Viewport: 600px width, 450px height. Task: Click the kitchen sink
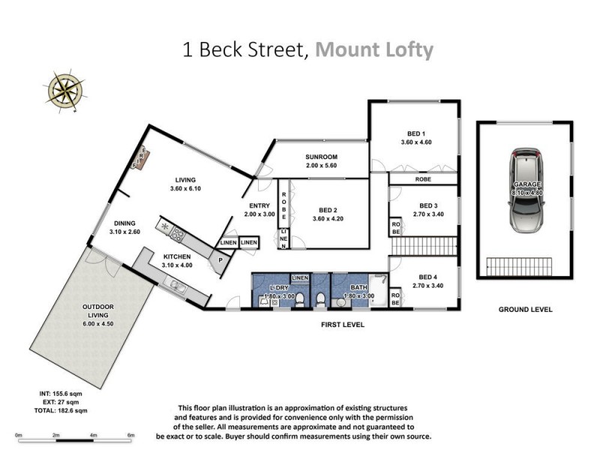click(x=178, y=285)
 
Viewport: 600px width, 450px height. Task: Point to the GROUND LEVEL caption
click(x=526, y=309)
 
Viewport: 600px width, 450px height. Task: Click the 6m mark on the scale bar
click(x=130, y=435)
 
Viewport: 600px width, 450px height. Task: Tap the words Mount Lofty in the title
click(x=374, y=50)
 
